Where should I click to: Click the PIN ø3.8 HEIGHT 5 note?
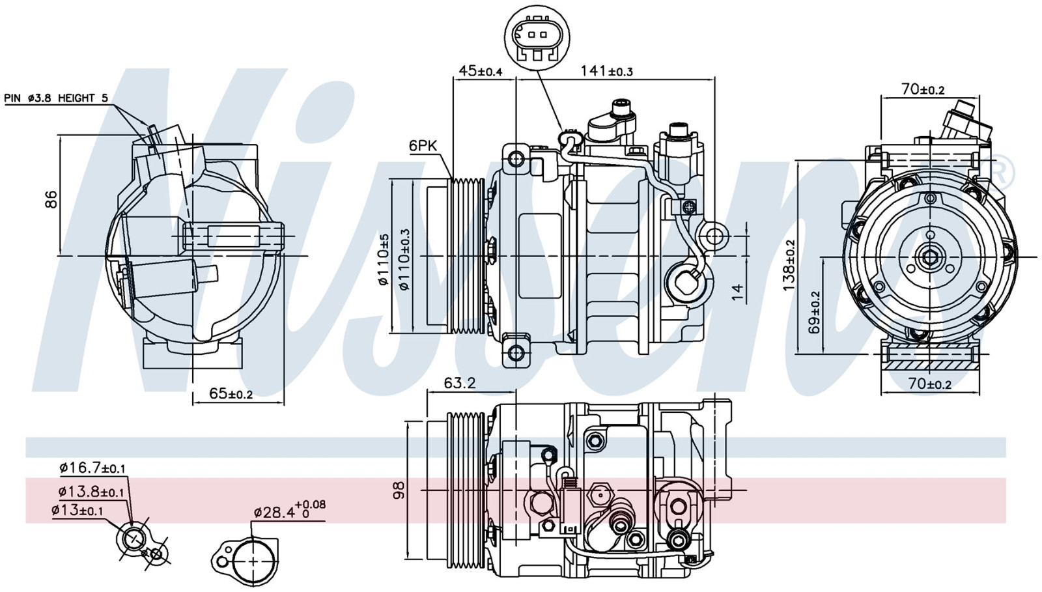coord(56,98)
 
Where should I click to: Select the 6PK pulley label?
coord(423,146)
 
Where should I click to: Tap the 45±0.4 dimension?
coord(481,70)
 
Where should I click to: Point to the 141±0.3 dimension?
coord(606,70)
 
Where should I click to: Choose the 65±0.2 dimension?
coord(231,393)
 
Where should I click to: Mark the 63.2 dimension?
coord(460,383)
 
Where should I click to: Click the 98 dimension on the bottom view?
coord(399,490)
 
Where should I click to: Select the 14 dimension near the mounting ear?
coord(737,292)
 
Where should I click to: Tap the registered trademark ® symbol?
coord(1002,171)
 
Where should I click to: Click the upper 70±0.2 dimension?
coord(923,89)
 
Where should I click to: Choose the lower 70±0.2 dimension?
coord(929,384)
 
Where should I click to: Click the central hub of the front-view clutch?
coord(929,257)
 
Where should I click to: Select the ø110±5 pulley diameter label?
coord(384,260)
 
